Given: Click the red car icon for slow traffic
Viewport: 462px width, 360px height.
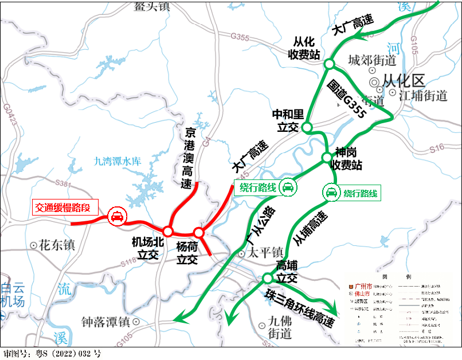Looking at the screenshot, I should [116, 217].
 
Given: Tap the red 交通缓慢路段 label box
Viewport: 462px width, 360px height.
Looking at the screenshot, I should [64, 207].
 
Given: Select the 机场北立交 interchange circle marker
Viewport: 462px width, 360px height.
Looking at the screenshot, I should [168, 230].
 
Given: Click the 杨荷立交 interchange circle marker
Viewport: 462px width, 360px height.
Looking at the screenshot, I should [198, 233].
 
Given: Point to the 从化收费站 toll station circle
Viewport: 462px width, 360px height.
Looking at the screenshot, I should [329, 64].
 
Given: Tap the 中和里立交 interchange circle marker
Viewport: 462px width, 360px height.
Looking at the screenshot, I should [307, 127].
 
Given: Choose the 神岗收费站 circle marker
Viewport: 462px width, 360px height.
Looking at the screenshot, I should [326, 157].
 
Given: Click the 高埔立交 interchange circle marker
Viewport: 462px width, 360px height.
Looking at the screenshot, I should [267, 279].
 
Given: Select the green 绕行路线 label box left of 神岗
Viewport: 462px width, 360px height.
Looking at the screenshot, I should [257, 187].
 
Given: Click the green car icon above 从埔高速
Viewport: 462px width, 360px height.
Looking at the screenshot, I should [331, 193].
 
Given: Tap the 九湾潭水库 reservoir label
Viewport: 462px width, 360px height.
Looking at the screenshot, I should [117, 162].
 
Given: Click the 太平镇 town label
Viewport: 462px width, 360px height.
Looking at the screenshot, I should [265, 252].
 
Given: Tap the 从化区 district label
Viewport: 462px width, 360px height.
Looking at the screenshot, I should [403, 81].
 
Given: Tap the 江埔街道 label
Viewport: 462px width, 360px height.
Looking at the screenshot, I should [423, 95].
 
